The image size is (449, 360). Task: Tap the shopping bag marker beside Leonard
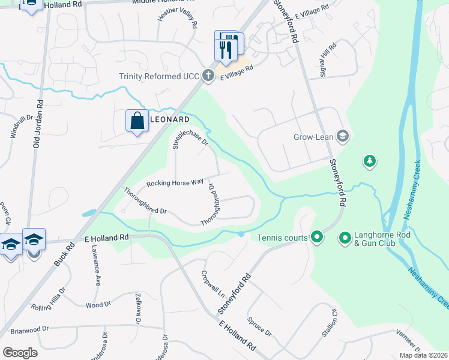point(137,120)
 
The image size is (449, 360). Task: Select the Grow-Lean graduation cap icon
point(343,136)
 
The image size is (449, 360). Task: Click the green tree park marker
point(370,161)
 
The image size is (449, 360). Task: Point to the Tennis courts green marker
point(316,238)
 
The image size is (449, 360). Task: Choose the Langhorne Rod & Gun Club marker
point(345,239)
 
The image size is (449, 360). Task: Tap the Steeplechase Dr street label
point(189,137)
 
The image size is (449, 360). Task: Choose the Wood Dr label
point(99,305)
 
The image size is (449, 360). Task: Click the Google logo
point(20,353)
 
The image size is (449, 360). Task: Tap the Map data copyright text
point(423,355)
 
